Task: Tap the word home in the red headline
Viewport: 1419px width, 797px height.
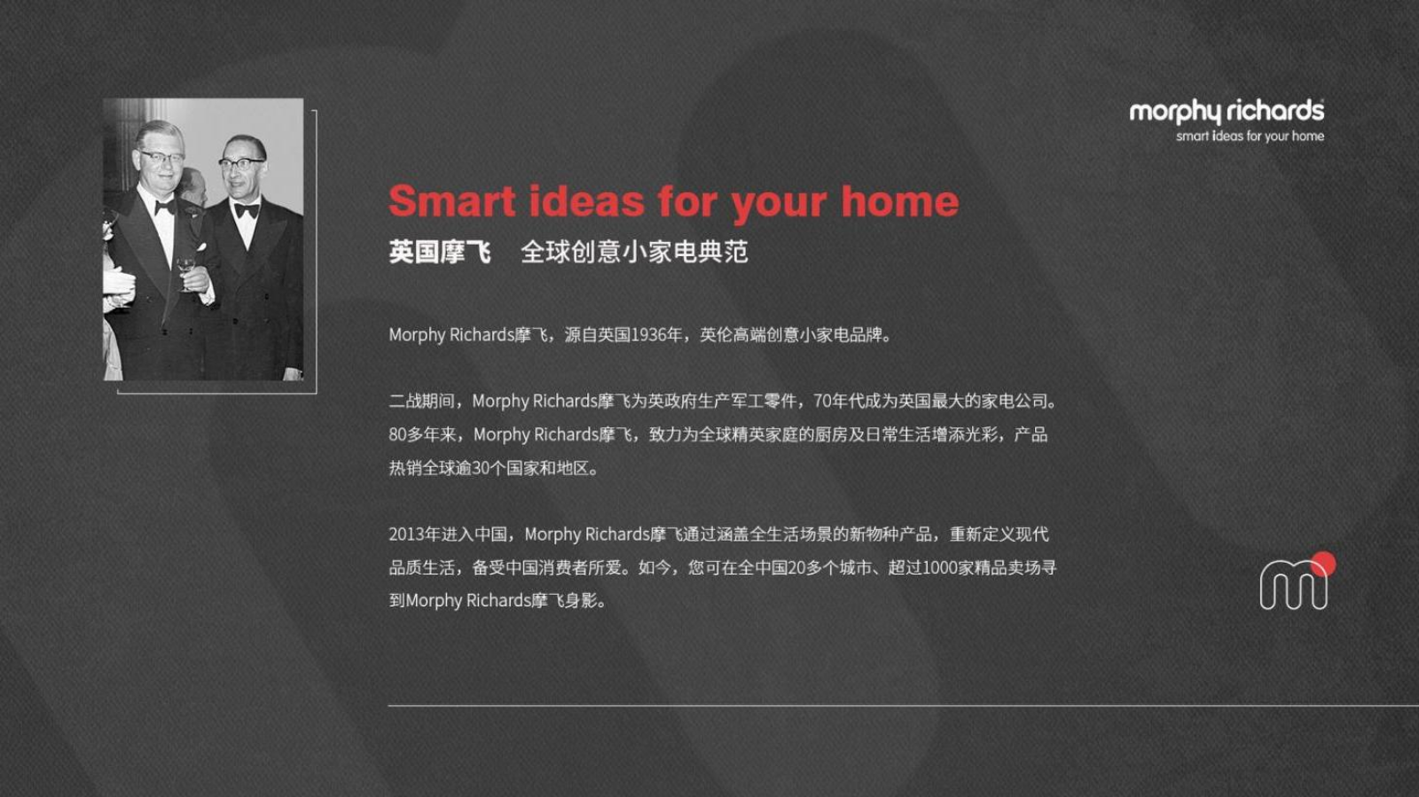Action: tap(899, 201)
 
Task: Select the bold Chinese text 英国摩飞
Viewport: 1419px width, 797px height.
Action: tap(440, 252)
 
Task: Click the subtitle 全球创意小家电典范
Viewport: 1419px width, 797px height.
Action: tap(634, 252)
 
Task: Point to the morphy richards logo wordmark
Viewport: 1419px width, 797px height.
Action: tap(1227, 112)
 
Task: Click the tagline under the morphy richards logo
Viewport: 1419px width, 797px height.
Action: tap(1250, 137)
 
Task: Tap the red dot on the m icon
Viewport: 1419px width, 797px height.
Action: tap(1322, 564)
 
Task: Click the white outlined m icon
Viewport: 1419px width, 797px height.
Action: tap(1293, 585)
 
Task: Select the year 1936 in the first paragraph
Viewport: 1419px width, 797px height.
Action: tap(648, 335)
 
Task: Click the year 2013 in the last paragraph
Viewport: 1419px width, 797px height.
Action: tap(405, 535)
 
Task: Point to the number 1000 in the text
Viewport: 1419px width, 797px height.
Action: tap(939, 568)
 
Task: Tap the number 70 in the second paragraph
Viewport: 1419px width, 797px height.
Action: tap(821, 402)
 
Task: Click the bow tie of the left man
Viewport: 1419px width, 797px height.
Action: tap(165, 207)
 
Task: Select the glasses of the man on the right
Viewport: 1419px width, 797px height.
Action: tap(241, 164)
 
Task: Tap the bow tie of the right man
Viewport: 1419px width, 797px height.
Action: tap(247, 211)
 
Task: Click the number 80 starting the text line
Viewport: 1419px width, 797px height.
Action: tap(397, 435)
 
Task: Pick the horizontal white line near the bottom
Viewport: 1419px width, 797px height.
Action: tap(904, 705)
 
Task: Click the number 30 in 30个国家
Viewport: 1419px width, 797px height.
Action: tap(482, 468)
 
